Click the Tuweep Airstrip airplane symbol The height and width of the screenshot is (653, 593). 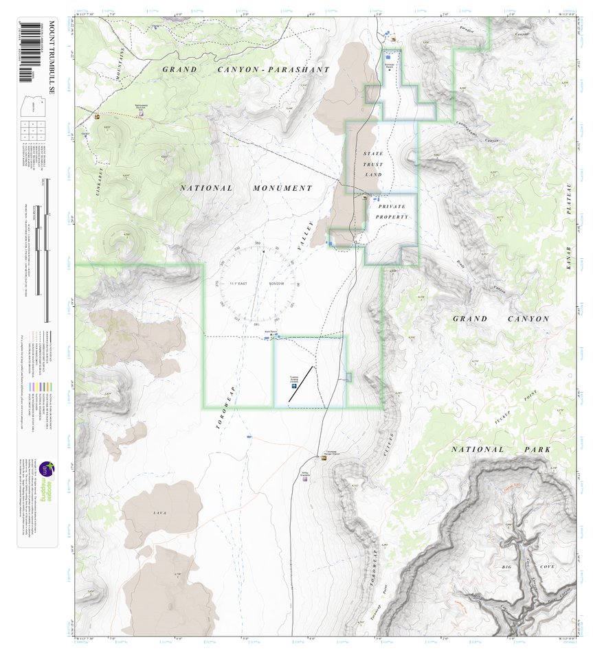(x=294, y=386)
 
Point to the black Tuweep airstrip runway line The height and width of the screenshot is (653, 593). (x=300, y=383)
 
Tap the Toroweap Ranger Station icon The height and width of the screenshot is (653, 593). (x=323, y=457)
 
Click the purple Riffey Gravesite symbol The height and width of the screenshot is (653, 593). (x=305, y=479)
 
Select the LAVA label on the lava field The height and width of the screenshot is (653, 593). (x=160, y=513)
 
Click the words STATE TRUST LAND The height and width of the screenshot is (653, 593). (x=373, y=164)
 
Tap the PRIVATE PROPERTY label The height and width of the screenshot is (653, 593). (x=392, y=211)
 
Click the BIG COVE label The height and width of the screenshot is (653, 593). (x=517, y=567)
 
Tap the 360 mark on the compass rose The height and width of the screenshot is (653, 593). (x=257, y=244)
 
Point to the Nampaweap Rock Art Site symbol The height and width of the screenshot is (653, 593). (x=142, y=116)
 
